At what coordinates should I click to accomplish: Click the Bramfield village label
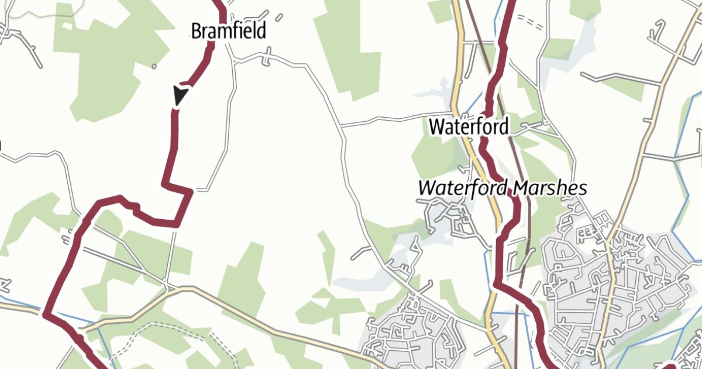tap(229, 30)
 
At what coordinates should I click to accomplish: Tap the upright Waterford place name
tap(469, 126)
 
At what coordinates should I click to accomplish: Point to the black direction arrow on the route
tap(180, 95)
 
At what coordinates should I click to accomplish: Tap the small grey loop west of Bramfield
tap(154, 66)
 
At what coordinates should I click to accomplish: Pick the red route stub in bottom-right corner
tap(673, 365)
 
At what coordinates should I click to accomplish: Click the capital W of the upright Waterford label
tap(436, 126)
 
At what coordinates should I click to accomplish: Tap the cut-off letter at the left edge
tap(1, 143)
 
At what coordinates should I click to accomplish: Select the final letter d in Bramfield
tap(261, 30)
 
